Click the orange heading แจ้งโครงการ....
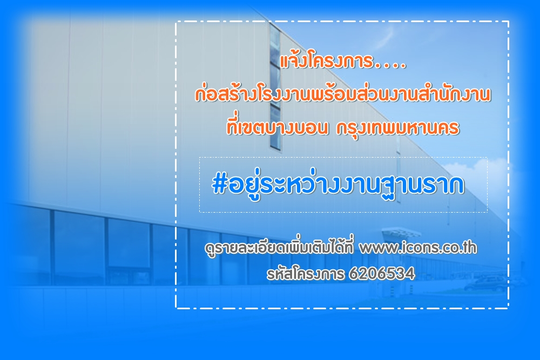[x=327, y=61]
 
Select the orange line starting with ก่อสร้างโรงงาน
[x=343, y=94]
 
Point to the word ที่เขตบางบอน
[x=277, y=127]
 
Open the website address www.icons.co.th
[x=418, y=247]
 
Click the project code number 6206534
[x=382, y=274]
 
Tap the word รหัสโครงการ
[x=305, y=274]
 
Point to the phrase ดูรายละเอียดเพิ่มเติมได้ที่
[x=279, y=248]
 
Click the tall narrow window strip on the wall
[x=275, y=86]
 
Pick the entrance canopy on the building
[x=401, y=232]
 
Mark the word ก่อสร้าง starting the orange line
[x=226, y=94]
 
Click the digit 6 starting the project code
[x=354, y=274]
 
